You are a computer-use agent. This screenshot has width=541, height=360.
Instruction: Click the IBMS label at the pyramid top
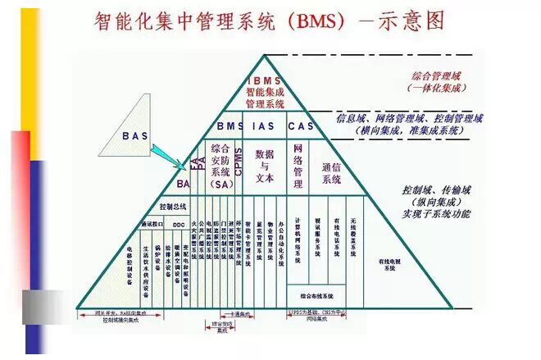click(x=264, y=80)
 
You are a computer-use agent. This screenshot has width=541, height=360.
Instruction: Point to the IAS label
click(x=264, y=126)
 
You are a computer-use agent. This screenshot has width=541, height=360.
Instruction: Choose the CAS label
click(x=302, y=126)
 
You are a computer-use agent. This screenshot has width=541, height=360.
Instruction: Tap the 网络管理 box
click(x=298, y=164)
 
